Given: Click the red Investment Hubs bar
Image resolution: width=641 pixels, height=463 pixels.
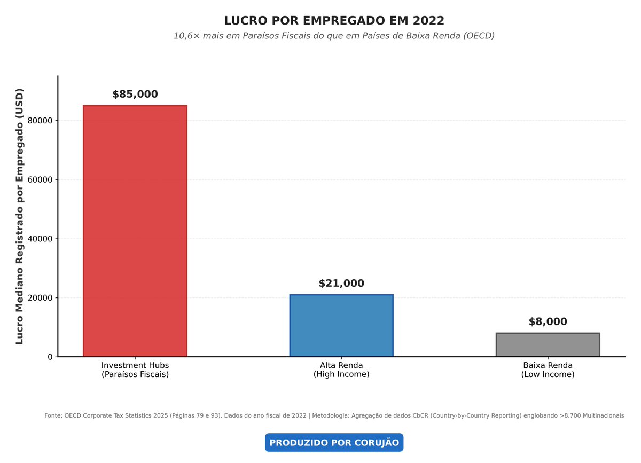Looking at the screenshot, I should pyautogui.click(x=135, y=231).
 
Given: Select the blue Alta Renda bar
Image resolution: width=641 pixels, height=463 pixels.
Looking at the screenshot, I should pyautogui.click(x=341, y=325).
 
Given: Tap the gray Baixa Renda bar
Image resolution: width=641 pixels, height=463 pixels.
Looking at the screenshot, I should pyautogui.click(x=548, y=344).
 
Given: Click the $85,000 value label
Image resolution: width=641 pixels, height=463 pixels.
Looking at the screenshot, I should pyautogui.click(x=135, y=95).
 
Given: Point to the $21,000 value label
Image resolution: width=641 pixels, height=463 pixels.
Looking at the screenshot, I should pyautogui.click(x=341, y=284).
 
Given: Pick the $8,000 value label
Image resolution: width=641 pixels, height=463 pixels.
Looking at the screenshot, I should pyautogui.click(x=548, y=322).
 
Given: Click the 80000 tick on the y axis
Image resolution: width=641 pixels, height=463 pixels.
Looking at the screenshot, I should pyautogui.click(x=40, y=121).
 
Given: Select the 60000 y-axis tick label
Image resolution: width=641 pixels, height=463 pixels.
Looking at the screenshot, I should pyautogui.click(x=40, y=180).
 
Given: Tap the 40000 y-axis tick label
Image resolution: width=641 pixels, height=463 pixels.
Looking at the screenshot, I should pyautogui.click(x=40, y=239).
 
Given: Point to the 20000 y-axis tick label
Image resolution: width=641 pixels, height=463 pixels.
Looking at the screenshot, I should pyautogui.click(x=40, y=298).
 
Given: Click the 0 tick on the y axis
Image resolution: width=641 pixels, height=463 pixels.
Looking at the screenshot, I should pyautogui.click(x=50, y=357).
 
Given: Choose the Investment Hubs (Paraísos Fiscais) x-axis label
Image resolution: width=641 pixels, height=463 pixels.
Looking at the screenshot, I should pyautogui.click(x=135, y=370).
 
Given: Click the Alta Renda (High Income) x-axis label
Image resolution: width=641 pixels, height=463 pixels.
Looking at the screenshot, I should pyautogui.click(x=341, y=370).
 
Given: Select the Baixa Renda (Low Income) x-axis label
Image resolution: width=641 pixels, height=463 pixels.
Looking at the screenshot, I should pyautogui.click(x=548, y=370).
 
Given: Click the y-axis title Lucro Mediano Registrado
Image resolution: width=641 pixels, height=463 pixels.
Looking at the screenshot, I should pyautogui.click(x=20, y=216).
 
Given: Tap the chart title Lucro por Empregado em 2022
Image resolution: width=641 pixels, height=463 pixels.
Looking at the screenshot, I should pyautogui.click(x=334, y=21).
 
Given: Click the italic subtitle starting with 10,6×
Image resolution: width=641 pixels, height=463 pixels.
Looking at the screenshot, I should pyautogui.click(x=334, y=36).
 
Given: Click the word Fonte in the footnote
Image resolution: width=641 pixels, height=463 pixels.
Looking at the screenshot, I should pyautogui.click(x=53, y=415).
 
